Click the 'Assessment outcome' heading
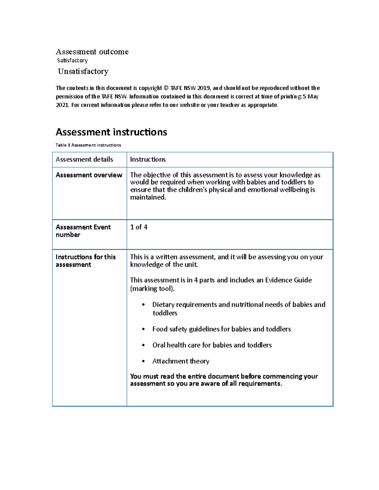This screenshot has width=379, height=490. (92, 52)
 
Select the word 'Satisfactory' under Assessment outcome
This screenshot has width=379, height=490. (72, 60)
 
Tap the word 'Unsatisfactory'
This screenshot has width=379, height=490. (83, 71)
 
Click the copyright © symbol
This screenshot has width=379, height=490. (166, 88)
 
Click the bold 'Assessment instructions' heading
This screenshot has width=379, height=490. (111, 132)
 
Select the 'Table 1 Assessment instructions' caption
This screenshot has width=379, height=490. (88, 145)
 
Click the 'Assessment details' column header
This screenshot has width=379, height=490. (84, 159)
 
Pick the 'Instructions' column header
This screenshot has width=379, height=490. (148, 159)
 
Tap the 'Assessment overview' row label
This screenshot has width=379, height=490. (89, 175)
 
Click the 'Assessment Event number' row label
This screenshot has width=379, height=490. (83, 231)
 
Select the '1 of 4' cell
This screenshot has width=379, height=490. (139, 227)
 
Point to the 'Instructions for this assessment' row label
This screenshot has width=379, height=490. (86, 261)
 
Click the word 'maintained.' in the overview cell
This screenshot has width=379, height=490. (148, 198)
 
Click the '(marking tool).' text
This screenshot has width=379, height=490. (152, 289)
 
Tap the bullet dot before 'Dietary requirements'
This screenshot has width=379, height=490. (143, 305)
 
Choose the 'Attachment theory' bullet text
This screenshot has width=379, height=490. (181, 361)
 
